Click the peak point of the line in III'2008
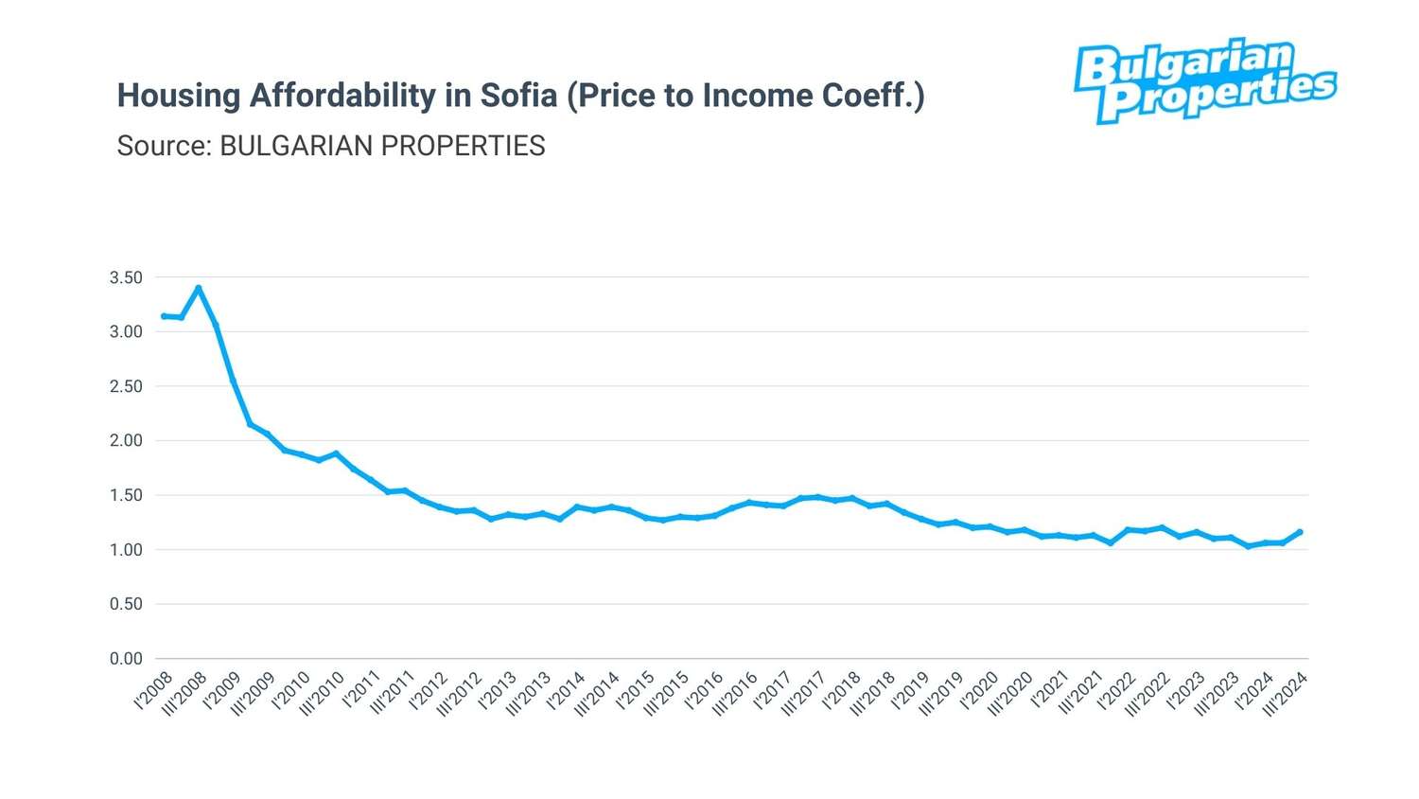point(199,288)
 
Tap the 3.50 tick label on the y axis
point(126,277)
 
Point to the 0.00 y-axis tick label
point(126,659)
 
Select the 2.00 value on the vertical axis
point(126,440)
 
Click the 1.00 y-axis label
point(126,550)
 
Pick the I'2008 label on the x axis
point(154,690)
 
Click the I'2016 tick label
point(705,690)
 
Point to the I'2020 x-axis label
point(980,690)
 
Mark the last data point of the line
point(1300,532)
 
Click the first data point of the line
point(164,316)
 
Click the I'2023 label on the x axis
point(1186,690)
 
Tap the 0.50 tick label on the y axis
point(126,604)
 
